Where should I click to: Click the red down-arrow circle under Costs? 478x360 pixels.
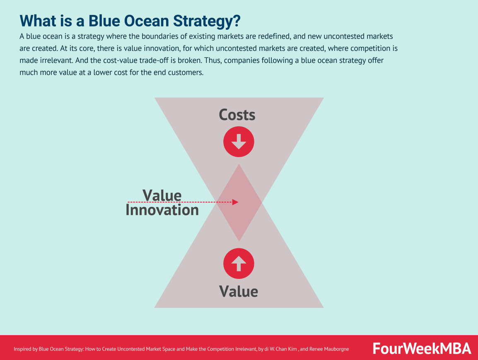click(x=239, y=142)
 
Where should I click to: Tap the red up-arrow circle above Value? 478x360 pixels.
click(x=239, y=263)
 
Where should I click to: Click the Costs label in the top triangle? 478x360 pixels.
click(x=237, y=115)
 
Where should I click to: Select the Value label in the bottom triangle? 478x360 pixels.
click(x=239, y=291)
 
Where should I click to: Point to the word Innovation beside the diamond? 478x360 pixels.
click(x=162, y=210)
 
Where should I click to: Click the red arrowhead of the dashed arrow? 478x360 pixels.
click(x=235, y=202)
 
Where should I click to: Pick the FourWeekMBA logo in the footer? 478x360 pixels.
click(x=422, y=348)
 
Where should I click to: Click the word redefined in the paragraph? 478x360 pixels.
click(x=280, y=36)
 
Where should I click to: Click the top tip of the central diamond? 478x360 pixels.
click(x=239, y=164)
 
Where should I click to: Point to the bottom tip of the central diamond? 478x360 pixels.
click(x=239, y=241)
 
